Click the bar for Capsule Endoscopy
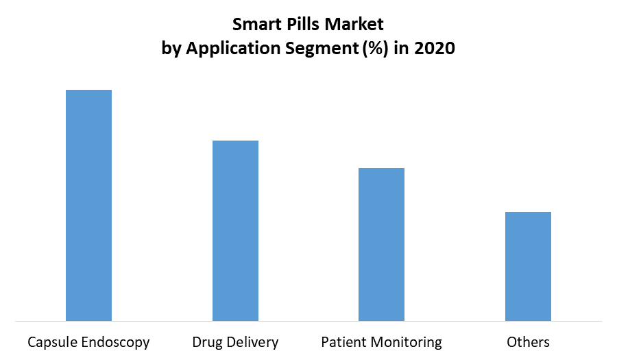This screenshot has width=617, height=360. [x=88, y=205]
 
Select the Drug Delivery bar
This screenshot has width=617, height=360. [x=235, y=230]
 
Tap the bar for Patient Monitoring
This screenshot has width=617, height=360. [x=382, y=244]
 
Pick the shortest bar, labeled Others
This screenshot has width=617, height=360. [x=528, y=266]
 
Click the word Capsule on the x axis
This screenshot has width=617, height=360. [x=51, y=342]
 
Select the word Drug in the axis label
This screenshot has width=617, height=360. [x=206, y=341]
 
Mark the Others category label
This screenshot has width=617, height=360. [x=528, y=341]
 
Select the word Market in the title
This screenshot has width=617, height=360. [x=356, y=25]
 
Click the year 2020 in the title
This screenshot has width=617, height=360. [x=435, y=49]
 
